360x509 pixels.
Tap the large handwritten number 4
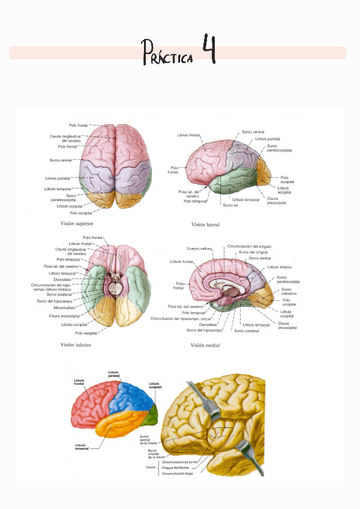tap(208, 50)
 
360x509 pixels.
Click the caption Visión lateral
tap(205, 225)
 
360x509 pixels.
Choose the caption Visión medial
tap(205, 346)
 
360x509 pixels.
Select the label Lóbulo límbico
tap(280, 267)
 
